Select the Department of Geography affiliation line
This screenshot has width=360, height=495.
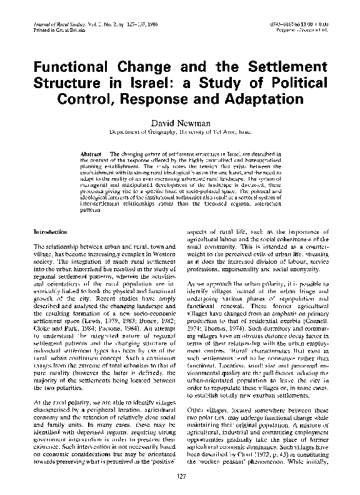click(180, 132)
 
